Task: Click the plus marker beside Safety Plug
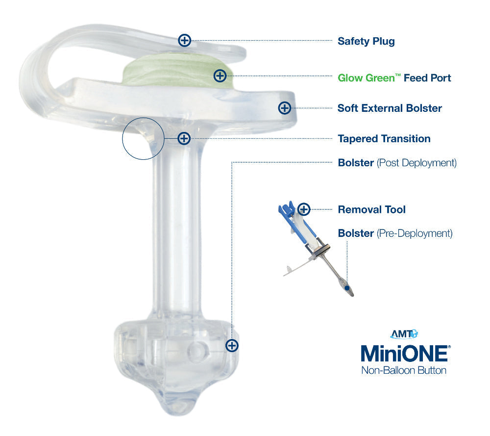pos(185,40)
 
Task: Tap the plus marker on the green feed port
pos(220,76)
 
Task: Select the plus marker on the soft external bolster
pos(285,108)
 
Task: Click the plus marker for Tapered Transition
pos(184,138)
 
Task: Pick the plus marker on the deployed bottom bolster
pos(232,346)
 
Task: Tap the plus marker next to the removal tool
pos(304,209)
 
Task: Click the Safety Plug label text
pos(366,41)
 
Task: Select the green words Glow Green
pos(366,77)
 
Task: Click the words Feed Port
pos(427,77)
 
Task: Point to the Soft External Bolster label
pos(390,108)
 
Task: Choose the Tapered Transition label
pos(384,139)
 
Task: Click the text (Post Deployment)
pos(416,163)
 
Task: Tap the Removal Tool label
pos(372,209)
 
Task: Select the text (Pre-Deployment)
pos(415,233)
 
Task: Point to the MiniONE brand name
pos(406,354)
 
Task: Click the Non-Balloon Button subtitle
pos(404,370)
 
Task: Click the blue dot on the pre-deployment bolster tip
pos(346,287)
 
